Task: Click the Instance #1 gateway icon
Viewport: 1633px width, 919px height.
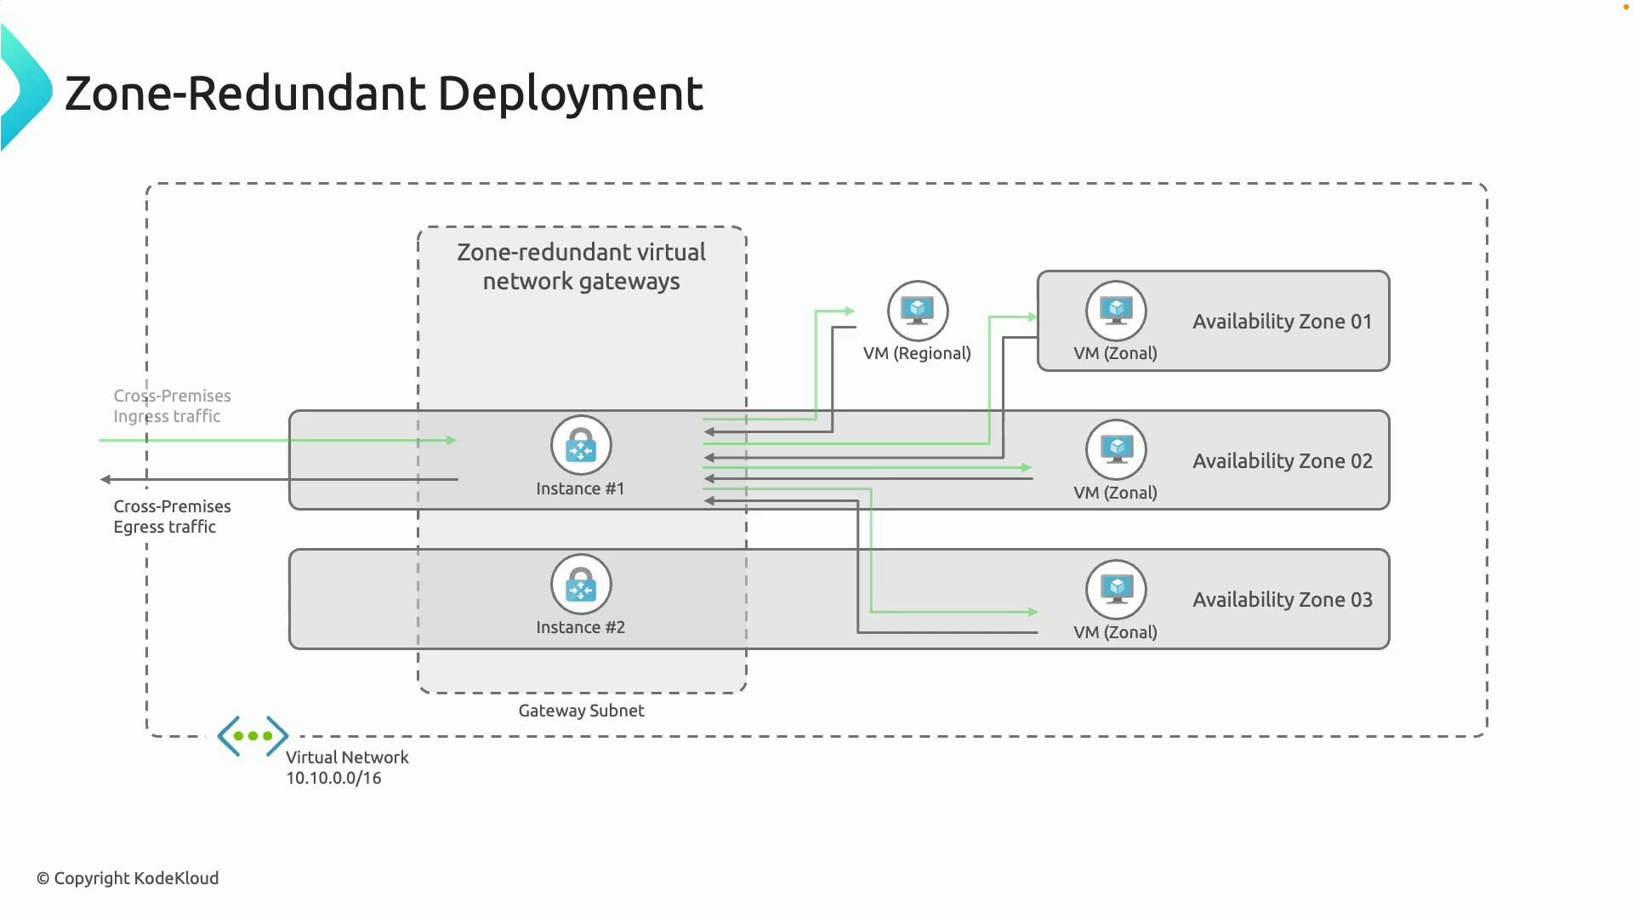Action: point(581,445)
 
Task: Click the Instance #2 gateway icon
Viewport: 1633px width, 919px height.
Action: point(581,585)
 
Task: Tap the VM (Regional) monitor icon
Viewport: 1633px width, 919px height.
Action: point(917,311)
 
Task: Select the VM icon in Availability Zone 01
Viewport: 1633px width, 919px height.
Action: point(1116,311)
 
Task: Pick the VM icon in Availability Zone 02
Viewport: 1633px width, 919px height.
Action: point(1116,449)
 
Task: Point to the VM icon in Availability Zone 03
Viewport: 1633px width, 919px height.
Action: point(1116,589)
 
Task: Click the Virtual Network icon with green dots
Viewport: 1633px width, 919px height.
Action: point(253,736)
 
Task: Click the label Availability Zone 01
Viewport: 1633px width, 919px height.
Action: point(1282,322)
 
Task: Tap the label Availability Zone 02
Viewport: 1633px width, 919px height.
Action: point(1282,461)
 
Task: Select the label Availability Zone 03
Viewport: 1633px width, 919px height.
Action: point(1282,600)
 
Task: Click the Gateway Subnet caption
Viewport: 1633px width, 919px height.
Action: point(581,711)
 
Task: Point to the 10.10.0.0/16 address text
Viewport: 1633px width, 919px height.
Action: point(333,778)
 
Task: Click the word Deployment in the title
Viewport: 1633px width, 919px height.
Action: point(570,94)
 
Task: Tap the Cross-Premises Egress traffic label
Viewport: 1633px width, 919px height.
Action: point(172,517)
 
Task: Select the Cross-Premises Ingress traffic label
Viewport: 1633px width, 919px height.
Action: point(172,406)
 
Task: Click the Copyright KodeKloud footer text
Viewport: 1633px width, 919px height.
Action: point(128,878)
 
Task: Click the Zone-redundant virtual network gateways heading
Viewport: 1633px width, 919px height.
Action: point(581,266)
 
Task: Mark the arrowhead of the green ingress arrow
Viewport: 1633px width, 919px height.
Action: point(452,440)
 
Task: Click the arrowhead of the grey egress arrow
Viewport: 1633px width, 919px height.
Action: point(105,479)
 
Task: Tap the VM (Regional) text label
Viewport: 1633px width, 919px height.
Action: point(917,353)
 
